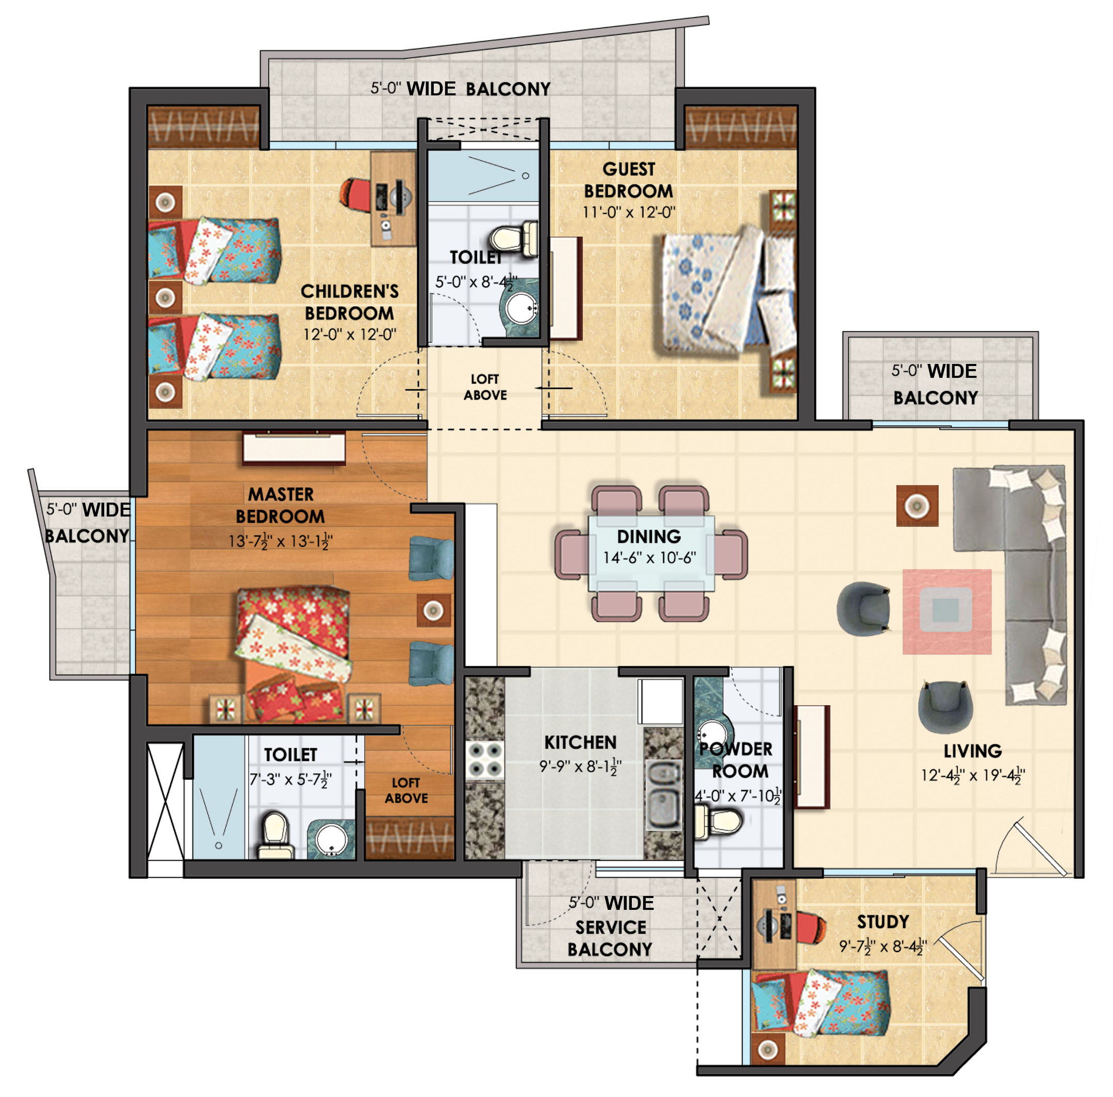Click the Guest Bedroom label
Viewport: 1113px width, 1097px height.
[629, 180]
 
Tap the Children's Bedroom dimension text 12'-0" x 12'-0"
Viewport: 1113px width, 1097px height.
[350, 334]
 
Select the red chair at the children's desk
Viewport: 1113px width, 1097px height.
[356, 192]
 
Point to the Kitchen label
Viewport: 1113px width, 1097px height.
[580, 742]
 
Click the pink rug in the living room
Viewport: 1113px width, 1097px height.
[946, 611]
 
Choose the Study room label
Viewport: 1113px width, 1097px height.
[882, 921]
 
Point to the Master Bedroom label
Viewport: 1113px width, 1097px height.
[280, 505]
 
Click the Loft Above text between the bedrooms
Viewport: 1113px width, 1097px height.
[485, 387]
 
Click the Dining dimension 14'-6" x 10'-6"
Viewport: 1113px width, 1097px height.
[649, 557]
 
